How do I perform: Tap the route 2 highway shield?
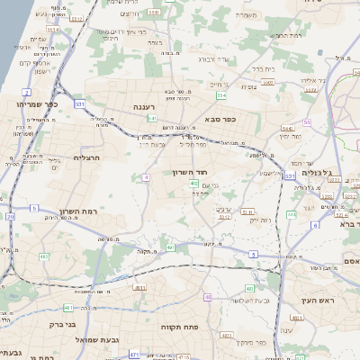click(x=27, y=92)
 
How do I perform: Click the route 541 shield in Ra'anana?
click(x=153, y=118)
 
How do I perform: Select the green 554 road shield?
click(x=221, y=94)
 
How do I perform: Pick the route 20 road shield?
click(x=10, y=217)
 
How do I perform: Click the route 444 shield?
click(x=292, y=214)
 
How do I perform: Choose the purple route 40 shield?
click(x=208, y=296)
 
